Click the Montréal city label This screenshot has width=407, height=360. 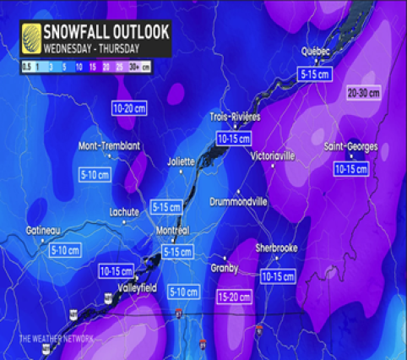click(x=173, y=231)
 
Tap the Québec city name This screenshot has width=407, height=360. click(x=314, y=52)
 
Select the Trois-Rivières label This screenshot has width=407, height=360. click(x=235, y=117)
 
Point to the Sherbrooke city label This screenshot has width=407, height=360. click(x=278, y=248)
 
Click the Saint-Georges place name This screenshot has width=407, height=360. click(x=348, y=148)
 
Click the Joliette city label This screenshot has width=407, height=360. click(x=181, y=160)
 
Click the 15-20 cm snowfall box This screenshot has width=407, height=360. click(x=234, y=297)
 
